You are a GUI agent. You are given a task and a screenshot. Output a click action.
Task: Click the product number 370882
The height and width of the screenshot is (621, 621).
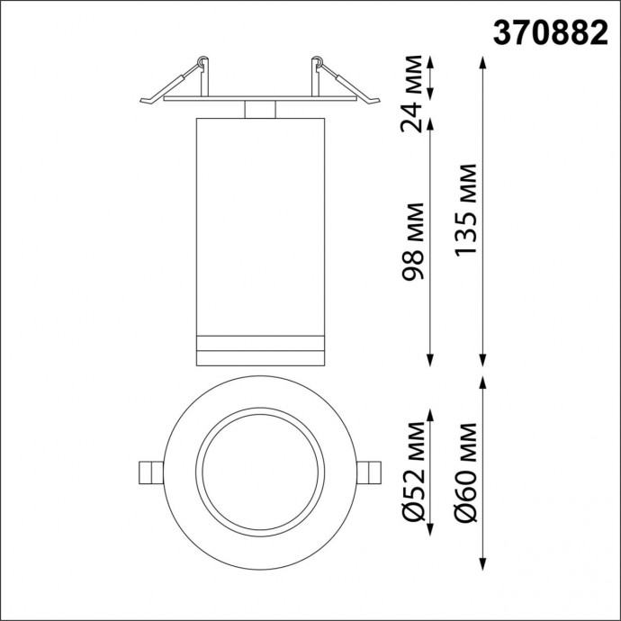click(x=550, y=32)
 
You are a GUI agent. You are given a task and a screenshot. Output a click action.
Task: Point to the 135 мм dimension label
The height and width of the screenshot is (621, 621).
click(x=465, y=209)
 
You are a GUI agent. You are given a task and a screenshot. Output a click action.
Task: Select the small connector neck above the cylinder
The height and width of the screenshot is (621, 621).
click(x=259, y=109)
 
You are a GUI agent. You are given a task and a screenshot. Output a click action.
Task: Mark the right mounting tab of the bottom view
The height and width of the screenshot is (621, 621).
click(x=370, y=473)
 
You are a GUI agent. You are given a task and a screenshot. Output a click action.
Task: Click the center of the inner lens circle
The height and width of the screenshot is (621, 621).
click(x=259, y=473)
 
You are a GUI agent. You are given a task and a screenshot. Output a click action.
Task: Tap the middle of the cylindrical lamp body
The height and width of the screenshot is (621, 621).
click(x=259, y=225)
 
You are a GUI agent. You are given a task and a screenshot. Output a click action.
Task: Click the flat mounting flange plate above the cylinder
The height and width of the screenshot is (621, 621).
click(x=259, y=99)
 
